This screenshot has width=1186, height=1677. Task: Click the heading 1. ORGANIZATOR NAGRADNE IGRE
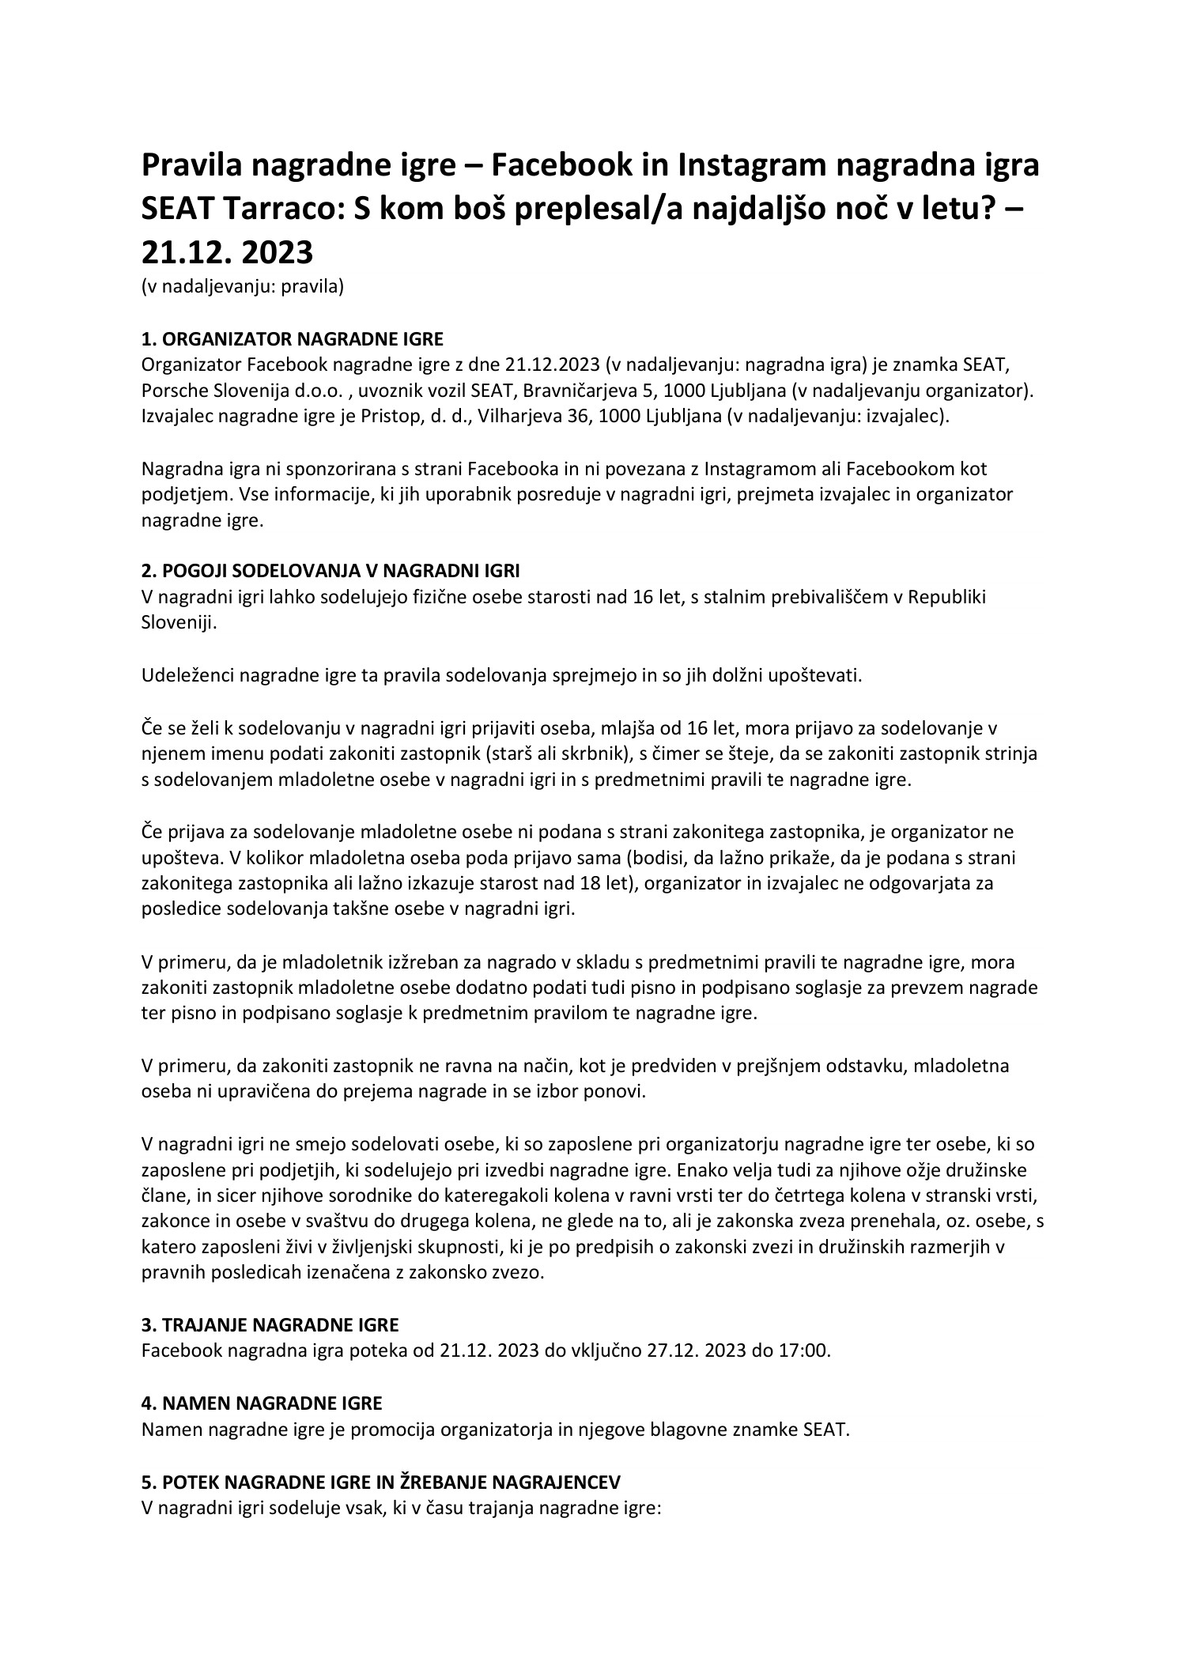tap(292, 339)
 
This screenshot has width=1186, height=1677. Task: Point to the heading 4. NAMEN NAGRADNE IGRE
tap(261, 1403)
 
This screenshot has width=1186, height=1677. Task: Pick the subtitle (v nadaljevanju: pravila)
tap(242, 286)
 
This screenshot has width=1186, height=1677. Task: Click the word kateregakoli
tap(482, 1195)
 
